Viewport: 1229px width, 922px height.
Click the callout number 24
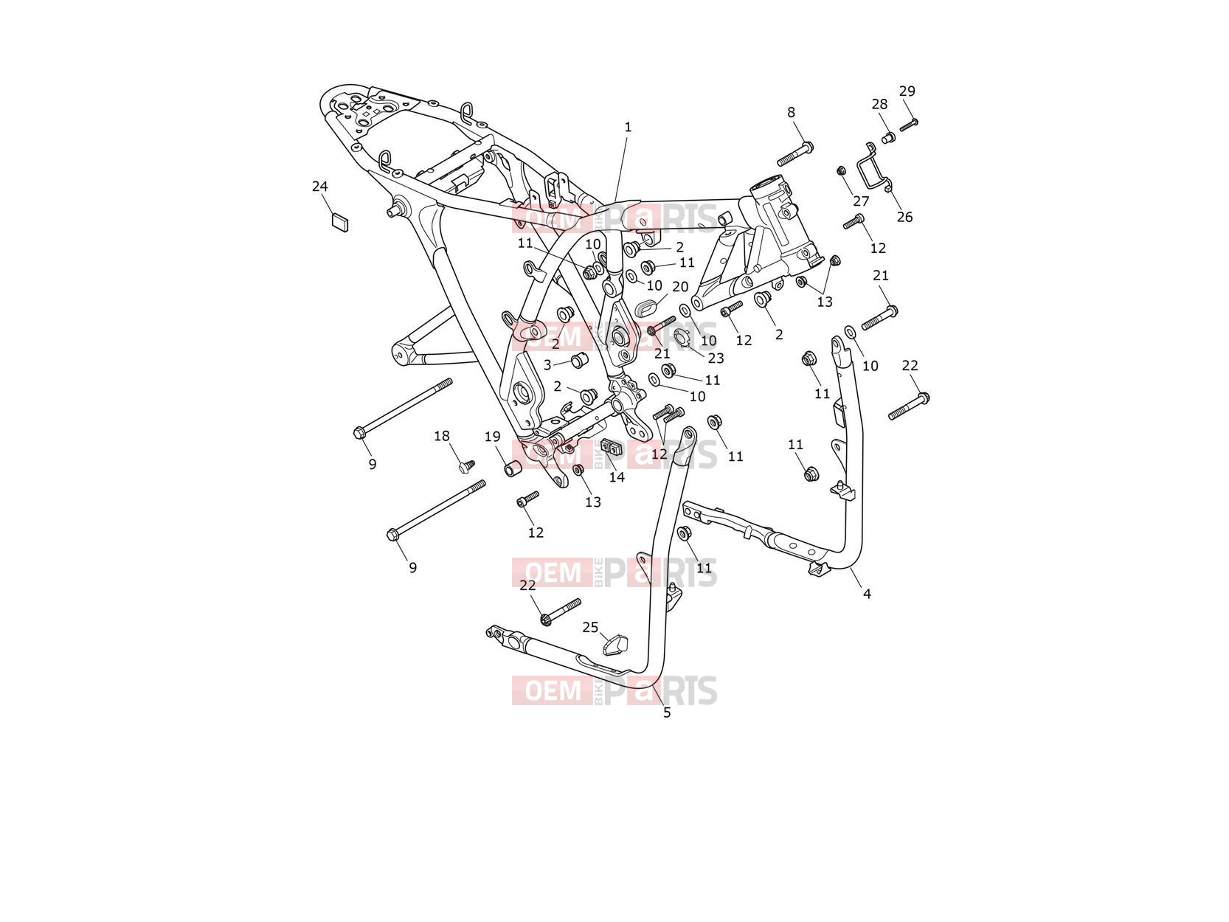(319, 187)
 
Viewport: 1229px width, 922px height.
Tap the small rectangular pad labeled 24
(340, 222)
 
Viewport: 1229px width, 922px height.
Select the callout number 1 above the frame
(628, 128)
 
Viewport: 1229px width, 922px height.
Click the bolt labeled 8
(795, 154)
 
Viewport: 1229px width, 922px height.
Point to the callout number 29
(907, 91)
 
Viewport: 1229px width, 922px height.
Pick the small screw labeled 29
(908, 125)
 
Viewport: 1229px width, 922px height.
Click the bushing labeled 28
(888, 137)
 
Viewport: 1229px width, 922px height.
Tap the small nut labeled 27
(840, 170)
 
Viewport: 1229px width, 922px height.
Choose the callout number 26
(904, 217)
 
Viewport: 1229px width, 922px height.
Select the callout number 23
(716, 358)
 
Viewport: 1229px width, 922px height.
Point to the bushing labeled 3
(578, 361)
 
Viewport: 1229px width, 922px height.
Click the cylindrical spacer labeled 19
(513, 468)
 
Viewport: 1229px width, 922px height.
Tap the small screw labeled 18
(466, 465)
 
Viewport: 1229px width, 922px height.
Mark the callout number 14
(617, 477)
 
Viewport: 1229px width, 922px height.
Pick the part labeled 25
(614, 644)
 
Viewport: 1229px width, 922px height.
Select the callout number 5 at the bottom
(666, 713)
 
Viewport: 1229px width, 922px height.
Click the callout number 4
(867, 594)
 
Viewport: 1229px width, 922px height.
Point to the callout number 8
(791, 113)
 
